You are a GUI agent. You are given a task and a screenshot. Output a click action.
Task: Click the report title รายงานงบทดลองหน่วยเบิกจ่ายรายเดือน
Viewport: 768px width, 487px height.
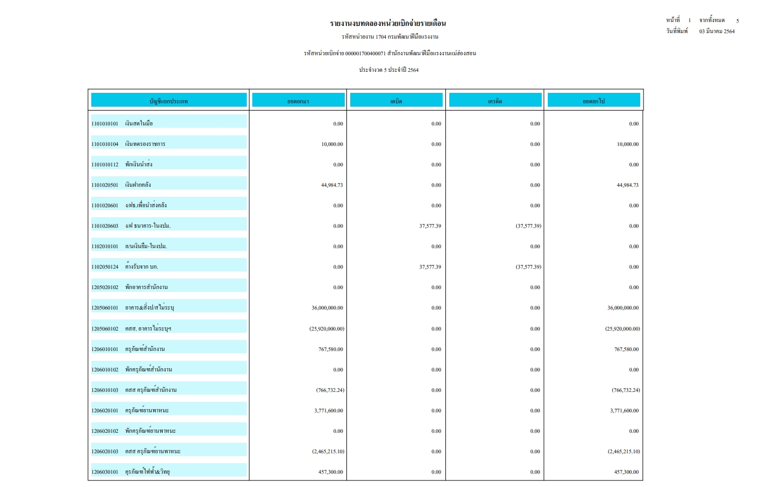(x=388, y=23)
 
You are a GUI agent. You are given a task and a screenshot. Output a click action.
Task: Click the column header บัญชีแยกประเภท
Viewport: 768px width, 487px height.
(x=169, y=101)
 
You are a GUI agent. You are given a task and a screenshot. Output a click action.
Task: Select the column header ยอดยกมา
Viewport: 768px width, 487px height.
(x=298, y=101)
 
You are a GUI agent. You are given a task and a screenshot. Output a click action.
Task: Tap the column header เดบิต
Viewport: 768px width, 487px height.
(x=396, y=101)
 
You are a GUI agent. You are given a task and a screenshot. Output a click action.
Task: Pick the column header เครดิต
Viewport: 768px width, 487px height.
(x=495, y=101)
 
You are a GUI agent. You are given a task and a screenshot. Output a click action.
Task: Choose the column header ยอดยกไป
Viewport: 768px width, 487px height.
(x=594, y=101)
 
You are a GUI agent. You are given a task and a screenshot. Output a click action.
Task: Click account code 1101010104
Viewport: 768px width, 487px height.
(x=105, y=144)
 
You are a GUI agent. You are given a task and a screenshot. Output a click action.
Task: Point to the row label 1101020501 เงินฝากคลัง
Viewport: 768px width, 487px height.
(x=121, y=185)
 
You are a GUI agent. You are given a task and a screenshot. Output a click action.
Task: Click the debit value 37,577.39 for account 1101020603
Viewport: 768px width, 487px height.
(x=430, y=226)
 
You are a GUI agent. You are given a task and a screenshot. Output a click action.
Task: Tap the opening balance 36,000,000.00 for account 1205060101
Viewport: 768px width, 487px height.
(x=327, y=308)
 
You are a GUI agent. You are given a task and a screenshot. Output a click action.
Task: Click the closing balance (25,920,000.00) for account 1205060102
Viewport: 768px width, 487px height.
(x=622, y=329)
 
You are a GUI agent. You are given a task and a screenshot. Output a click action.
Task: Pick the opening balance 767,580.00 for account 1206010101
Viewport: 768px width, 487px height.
(x=331, y=349)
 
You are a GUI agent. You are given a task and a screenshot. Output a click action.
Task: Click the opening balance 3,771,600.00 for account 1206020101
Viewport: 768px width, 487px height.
(x=329, y=411)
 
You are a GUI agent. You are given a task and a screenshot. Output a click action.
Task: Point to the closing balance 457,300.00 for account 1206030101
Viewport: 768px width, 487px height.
(x=626, y=472)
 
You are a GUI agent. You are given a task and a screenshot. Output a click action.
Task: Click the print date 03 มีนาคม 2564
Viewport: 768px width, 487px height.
(x=717, y=32)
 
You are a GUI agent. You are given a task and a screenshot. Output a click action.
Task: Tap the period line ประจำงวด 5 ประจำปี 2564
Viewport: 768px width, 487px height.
(x=388, y=70)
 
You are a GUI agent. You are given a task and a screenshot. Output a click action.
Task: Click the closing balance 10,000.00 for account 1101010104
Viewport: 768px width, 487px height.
(x=627, y=144)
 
